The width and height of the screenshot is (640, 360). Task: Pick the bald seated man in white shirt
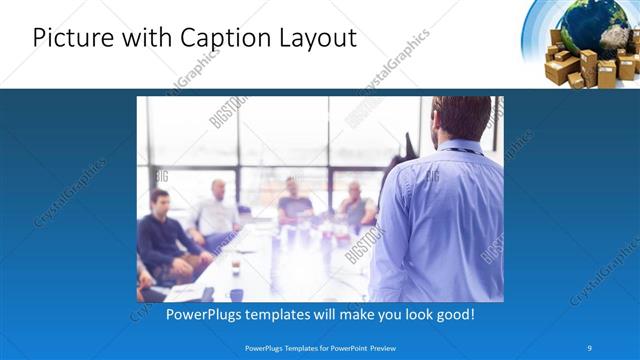point(216,211)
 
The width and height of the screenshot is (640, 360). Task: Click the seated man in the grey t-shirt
point(295,200)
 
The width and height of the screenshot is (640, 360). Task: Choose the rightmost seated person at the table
point(356,205)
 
